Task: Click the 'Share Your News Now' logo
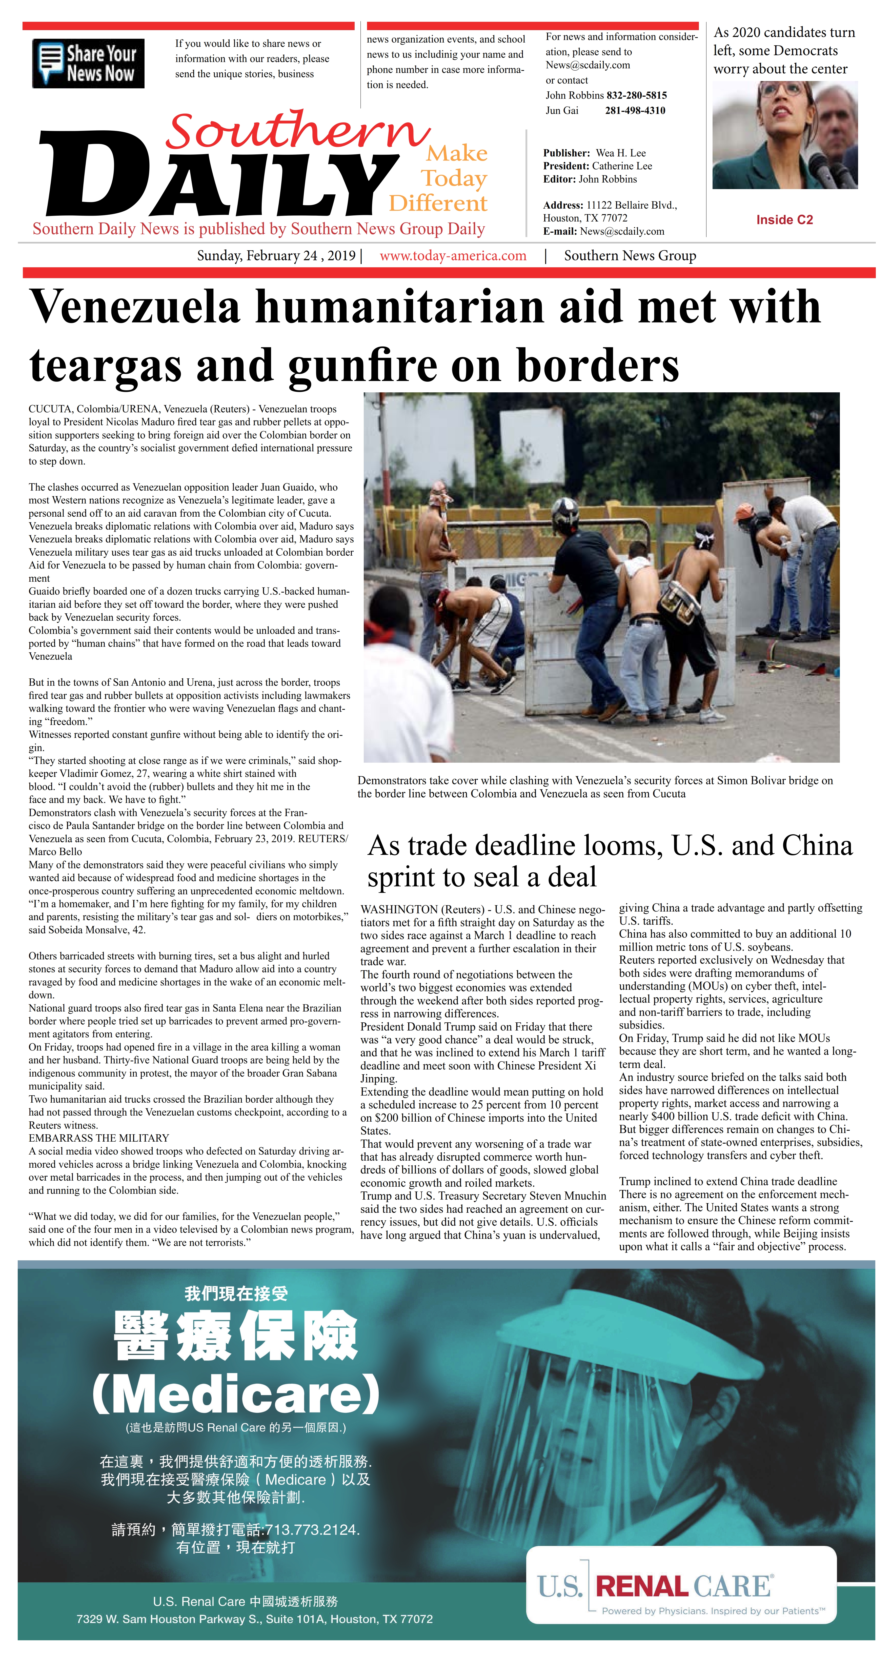tap(88, 63)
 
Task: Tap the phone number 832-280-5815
tap(636, 95)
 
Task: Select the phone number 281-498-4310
tap(635, 111)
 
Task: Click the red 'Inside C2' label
tap(784, 220)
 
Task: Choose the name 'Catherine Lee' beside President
tap(622, 166)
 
